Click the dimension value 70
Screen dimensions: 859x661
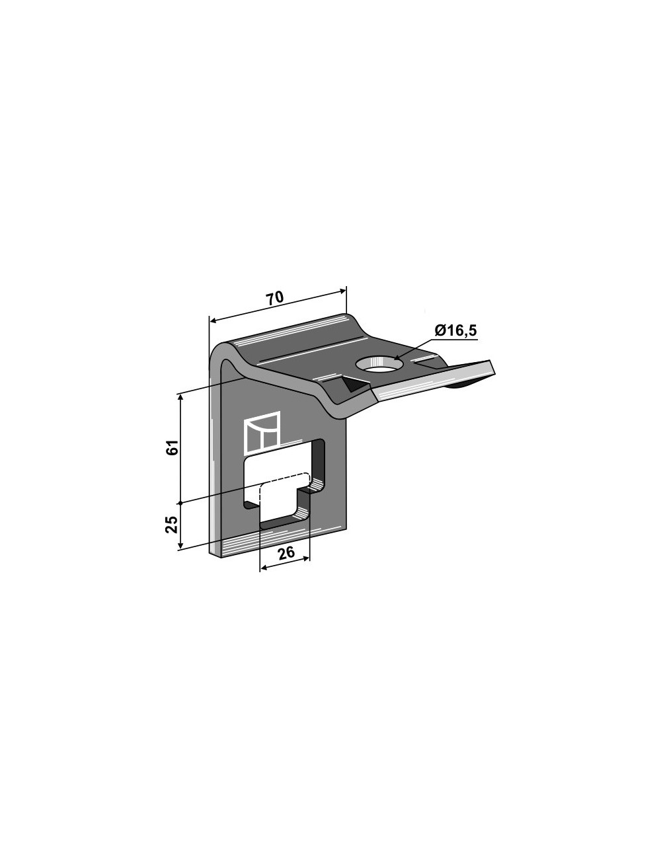(275, 298)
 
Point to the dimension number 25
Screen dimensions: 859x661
(172, 525)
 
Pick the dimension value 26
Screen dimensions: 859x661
(286, 553)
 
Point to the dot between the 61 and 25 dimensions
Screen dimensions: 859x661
(180, 503)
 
